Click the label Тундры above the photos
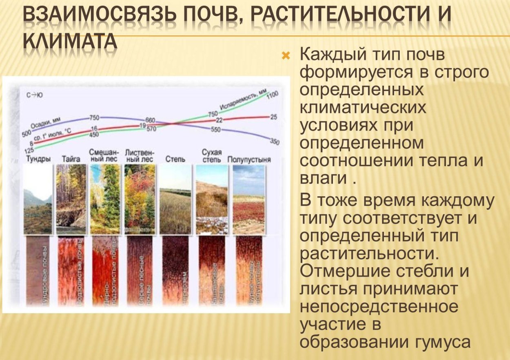[x=38, y=159]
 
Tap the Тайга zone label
[x=71, y=159]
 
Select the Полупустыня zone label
[x=249, y=159]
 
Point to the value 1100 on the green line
[x=272, y=95]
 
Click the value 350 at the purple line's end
[x=275, y=142]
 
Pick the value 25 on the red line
[x=273, y=117]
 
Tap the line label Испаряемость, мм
[x=243, y=101]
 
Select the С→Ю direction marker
[x=35, y=95]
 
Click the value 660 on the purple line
[x=150, y=120]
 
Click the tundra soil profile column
[x=38, y=271]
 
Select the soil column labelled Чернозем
[x=175, y=271]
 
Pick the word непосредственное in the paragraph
[x=379, y=307]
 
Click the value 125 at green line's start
[x=29, y=151]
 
